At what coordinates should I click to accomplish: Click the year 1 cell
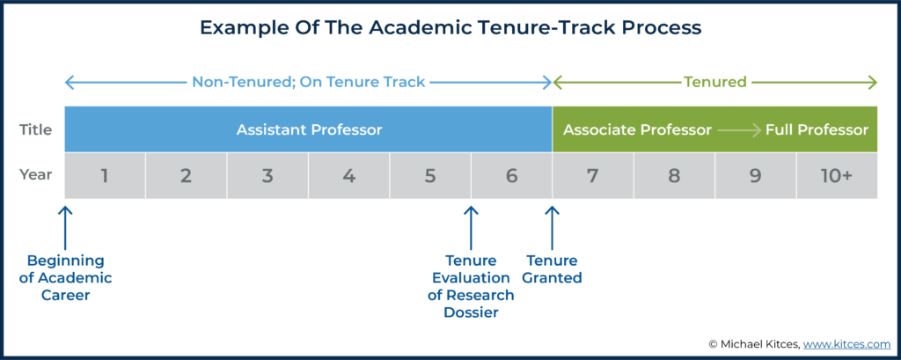(x=105, y=175)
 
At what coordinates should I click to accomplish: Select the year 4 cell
(x=348, y=175)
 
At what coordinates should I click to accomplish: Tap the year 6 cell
(x=511, y=175)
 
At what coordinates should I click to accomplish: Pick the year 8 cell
(x=674, y=175)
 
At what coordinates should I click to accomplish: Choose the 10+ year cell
(x=837, y=175)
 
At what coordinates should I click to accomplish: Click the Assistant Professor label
(x=309, y=130)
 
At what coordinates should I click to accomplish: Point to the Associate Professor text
(x=637, y=130)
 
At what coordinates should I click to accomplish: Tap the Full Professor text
(x=817, y=130)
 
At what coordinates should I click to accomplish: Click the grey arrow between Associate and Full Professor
(x=739, y=130)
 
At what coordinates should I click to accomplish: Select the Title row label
(x=36, y=130)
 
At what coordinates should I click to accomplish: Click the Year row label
(x=36, y=174)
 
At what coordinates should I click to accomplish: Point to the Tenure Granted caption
(x=553, y=269)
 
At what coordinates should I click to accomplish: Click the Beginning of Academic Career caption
(x=65, y=278)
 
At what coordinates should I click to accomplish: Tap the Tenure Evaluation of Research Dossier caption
(x=472, y=286)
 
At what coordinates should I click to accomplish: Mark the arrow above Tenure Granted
(x=553, y=228)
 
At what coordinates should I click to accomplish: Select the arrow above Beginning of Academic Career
(x=65, y=228)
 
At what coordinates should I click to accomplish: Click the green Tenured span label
(x=714, y=82)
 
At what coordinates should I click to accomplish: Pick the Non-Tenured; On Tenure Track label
(x=309, y=82)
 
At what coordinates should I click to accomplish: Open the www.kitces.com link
(x=846, y=344)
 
